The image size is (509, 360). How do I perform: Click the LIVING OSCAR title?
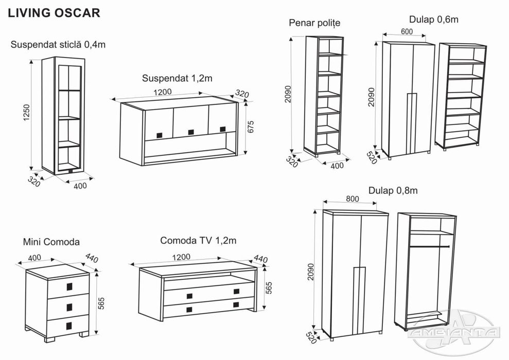pyautogui.click(x=54, y=13)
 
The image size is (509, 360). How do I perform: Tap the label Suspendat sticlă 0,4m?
pyautogui.click(x=58, y=45)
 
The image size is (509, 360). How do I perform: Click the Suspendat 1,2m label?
pyautogui.click(x=177, y=79)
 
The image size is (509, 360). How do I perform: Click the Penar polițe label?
pyautogui.click(x=314, y=23)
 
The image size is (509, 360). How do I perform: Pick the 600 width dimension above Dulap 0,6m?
pyautogui.click(x=407, y=31)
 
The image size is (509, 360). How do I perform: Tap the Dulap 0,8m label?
pyautogui.click(x=393, y=190)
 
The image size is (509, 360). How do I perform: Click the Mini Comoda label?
pyautogui.click(x=51, y=241)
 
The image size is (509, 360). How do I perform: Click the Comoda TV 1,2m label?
pyautogui.click(x=198, y=240)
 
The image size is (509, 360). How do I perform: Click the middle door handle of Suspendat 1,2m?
pyautogui.click(x=191, y=132)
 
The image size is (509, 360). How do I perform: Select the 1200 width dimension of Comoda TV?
pyautogui.click(x=185, y=257)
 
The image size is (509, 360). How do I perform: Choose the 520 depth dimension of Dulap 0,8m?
pyautogui.click(x=310, y=336)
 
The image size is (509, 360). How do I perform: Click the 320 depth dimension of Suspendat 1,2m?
pyautogui.click(x=242, y=94)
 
